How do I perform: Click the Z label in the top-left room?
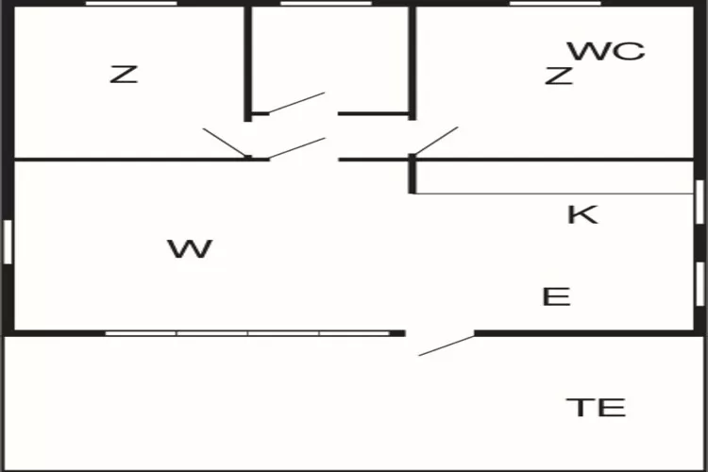pos(124,75)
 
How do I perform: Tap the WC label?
pos(606,51)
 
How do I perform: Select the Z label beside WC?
pos(559,76)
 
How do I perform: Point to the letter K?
pos(582,214)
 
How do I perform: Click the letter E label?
pos(557,297)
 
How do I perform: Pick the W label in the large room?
pos(190,250)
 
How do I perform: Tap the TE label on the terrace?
pos(596,408)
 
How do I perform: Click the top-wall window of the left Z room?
pos(131,4)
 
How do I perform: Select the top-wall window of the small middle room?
pos(326,4)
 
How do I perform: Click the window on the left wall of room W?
pos(7,241)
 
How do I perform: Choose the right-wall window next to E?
pos(700,283)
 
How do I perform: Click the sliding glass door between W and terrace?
pos(247,332)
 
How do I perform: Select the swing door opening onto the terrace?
pos(447,345)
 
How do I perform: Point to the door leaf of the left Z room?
pos(225,142)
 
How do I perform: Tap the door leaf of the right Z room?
pos(435,141)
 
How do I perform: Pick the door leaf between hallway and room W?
pos(296,149)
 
